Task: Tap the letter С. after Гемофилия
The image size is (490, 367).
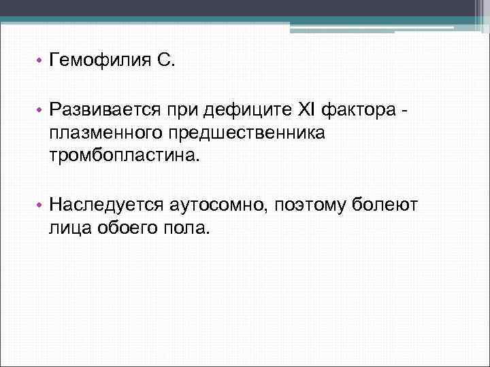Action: [x=166, y=63]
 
